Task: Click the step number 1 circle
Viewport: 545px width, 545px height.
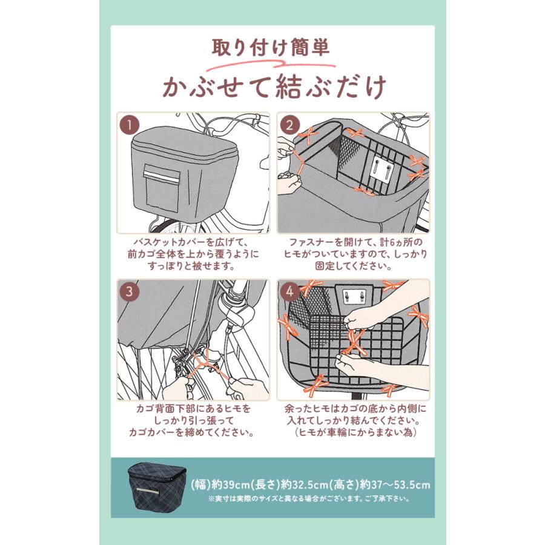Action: point(130,125)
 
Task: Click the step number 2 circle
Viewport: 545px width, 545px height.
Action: point(289,125)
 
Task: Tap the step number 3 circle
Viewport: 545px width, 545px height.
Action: point(130,291)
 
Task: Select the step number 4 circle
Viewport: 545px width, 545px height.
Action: point(289,291)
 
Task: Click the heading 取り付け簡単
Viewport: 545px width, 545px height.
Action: point(271,48)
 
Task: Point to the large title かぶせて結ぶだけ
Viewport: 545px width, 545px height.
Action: point(274,87)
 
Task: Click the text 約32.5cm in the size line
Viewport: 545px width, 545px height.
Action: point(305,484)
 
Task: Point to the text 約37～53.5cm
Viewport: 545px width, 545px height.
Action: point(395,484)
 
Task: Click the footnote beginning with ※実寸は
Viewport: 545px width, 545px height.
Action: point(309,499)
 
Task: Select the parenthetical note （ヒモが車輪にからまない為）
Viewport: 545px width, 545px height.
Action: point(356,433)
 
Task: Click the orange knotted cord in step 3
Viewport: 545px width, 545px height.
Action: point(206,365)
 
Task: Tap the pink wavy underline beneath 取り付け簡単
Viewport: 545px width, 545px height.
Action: point(271,64)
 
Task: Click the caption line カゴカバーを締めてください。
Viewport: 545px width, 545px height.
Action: point(191,433)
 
